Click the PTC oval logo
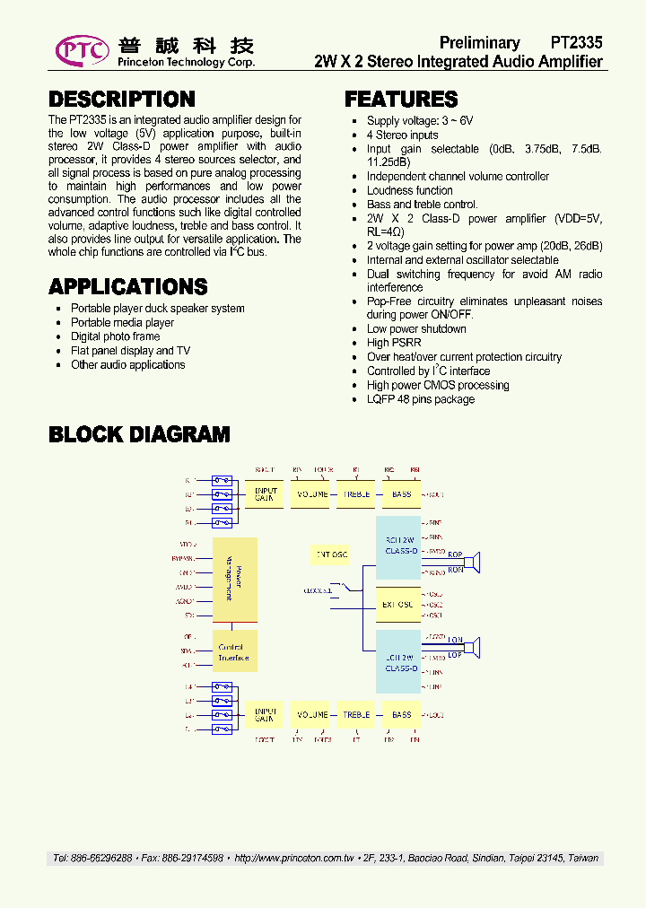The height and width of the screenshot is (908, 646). coord(82,51)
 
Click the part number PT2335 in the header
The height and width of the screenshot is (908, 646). coord(576,43)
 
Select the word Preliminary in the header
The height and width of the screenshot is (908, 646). coord(479,43)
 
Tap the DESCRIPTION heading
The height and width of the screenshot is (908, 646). coord(121,100)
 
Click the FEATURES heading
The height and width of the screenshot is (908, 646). coord(401,100)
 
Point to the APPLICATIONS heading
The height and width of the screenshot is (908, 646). coord(127,287)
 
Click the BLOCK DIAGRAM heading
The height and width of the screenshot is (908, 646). coord(139,435)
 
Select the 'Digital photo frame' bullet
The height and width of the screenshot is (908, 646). coord(115,336)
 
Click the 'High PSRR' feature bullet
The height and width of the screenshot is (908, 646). coord(390,343)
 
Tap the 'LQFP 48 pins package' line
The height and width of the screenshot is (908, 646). coord(420,399)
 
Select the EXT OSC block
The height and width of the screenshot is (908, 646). coord(397,604)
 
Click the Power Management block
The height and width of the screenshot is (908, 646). coord(234,579)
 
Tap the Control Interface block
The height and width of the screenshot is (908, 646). coord(234,652)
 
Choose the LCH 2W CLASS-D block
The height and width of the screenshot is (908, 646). coord(397,662)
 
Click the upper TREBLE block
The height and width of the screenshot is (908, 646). coord(356,494)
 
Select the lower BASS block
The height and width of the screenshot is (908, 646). coord(401,715)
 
